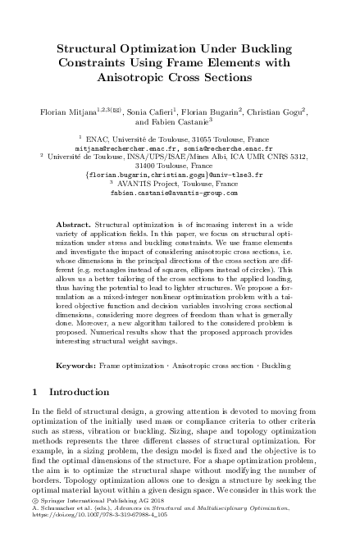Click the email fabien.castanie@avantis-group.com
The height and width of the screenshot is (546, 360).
pos(180,193)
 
